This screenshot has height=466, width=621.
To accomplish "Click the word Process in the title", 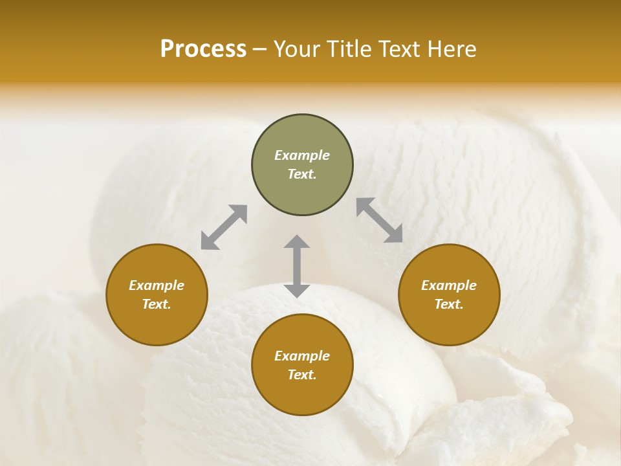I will (x=203, y=49).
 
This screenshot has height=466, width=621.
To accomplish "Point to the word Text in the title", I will (x=398, y=49).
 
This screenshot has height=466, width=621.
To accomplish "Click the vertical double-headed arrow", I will (x=297, y=266).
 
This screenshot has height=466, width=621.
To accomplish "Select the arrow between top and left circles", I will (x=224, y=227).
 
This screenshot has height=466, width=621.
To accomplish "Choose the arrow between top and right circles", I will (x=379, y=220).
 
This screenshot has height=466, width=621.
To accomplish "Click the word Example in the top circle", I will (x=302, y=155).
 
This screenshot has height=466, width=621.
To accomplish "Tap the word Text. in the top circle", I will (x=302, y=174).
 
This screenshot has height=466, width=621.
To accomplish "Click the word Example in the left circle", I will (x=157, y=285).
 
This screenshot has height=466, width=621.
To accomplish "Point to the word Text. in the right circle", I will (x=449, y=304).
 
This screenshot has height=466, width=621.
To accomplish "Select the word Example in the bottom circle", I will (x=302, y=356).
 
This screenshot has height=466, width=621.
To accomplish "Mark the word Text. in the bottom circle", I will (x=302, y=375).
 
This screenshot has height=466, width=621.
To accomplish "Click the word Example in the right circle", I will (x=449, y=285).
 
